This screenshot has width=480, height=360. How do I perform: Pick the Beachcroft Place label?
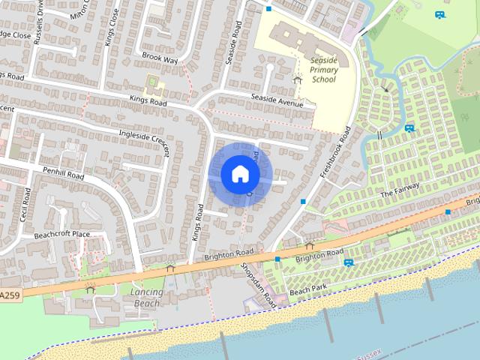click(x=61, y=235)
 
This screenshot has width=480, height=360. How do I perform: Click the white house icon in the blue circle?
click(x=240, y=173)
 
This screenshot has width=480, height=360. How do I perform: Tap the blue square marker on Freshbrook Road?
click(x=303, y=202)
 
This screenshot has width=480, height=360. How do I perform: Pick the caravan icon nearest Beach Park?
click(x=349, y=262)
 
